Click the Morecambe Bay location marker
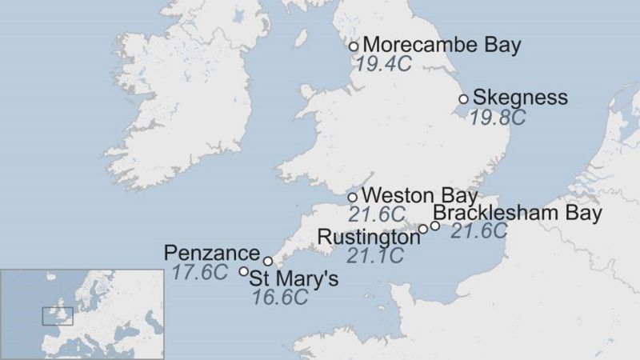pyautogui.click(x=354, y=46)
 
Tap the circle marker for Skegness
pyautogui.click(x=463, y=99)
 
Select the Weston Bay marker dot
pyautogui.click(x=353, y=198)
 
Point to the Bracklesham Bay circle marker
pyautogui.click(x=435, y=226)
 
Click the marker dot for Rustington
pyautogui.click(x=423, y=230)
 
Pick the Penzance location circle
pyautogui.click(x=268, y=261)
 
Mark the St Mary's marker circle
pyautogui.click(x=244, y=271)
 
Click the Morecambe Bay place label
pyautogui.click(x=441, y=45)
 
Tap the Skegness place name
pyautogui.click(x=520, y=98)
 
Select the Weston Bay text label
pyautogui.click(x=419, y=196)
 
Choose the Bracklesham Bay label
pyautogui.click(x=517, y=214)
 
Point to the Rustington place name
pyautogui.click(x=368, y=238)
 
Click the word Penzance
pyautogui.click(x=212, y=254)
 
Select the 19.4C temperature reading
pyautogui.click(x=383, y=64)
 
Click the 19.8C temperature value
pyautogui.click(x=497, y=118)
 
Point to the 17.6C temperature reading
pyautogui.click(x=200, y=272)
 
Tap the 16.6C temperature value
pyautogui.click(x=280, y=298)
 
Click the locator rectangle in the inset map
pyautogui.click(x=58, y=316)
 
